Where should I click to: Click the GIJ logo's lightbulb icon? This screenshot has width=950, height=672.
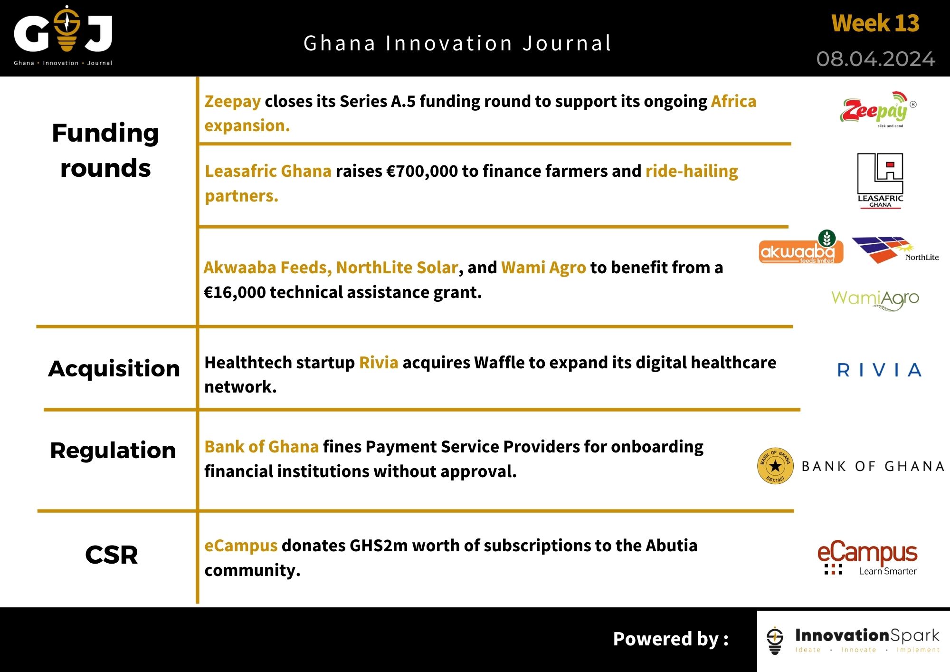point(66,29)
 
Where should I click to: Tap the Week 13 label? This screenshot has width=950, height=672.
point(875,23)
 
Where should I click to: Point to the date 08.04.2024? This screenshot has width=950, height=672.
point(875,59)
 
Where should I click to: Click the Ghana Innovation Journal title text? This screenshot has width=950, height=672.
point(457,43)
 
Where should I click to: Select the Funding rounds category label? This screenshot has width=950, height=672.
point(105,150)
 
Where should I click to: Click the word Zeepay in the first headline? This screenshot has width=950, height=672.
point(232,101)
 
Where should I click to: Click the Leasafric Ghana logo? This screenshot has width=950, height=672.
point(880,181)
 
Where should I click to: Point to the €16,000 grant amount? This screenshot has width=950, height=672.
point(234,292)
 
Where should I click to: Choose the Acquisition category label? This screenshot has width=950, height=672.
point(114,369)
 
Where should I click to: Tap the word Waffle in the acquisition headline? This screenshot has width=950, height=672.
point(499,363)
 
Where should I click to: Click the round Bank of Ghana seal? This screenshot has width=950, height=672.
point(775,466)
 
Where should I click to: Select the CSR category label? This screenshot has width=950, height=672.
point(112,555)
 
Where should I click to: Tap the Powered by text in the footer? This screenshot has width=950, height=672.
point(670,639)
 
